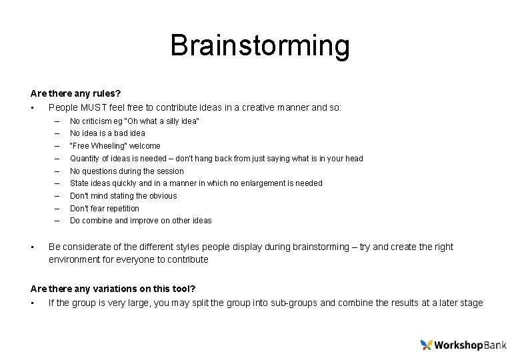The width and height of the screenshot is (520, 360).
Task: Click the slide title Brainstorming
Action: point(259,46)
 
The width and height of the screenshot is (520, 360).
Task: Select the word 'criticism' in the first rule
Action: point(97,121)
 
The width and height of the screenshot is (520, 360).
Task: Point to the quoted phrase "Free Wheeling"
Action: point(98,145)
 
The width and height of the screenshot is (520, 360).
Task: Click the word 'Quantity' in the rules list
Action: point(84,158)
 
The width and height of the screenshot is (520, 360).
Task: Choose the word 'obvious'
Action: point(162,195)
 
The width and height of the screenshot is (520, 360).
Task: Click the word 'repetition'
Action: point(121,208)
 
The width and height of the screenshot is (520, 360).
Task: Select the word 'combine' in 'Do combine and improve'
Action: point(96,221)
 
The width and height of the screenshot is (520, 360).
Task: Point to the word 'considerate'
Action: point(84,247)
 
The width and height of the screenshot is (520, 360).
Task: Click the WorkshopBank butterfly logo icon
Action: point(427,345)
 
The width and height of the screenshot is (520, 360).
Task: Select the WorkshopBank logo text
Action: point(470,345)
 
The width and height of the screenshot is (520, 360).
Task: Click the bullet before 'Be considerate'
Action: point(33,247)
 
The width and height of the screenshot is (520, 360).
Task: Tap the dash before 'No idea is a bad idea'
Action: point(57,133)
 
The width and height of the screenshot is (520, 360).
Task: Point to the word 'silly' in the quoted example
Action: point(169,121)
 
